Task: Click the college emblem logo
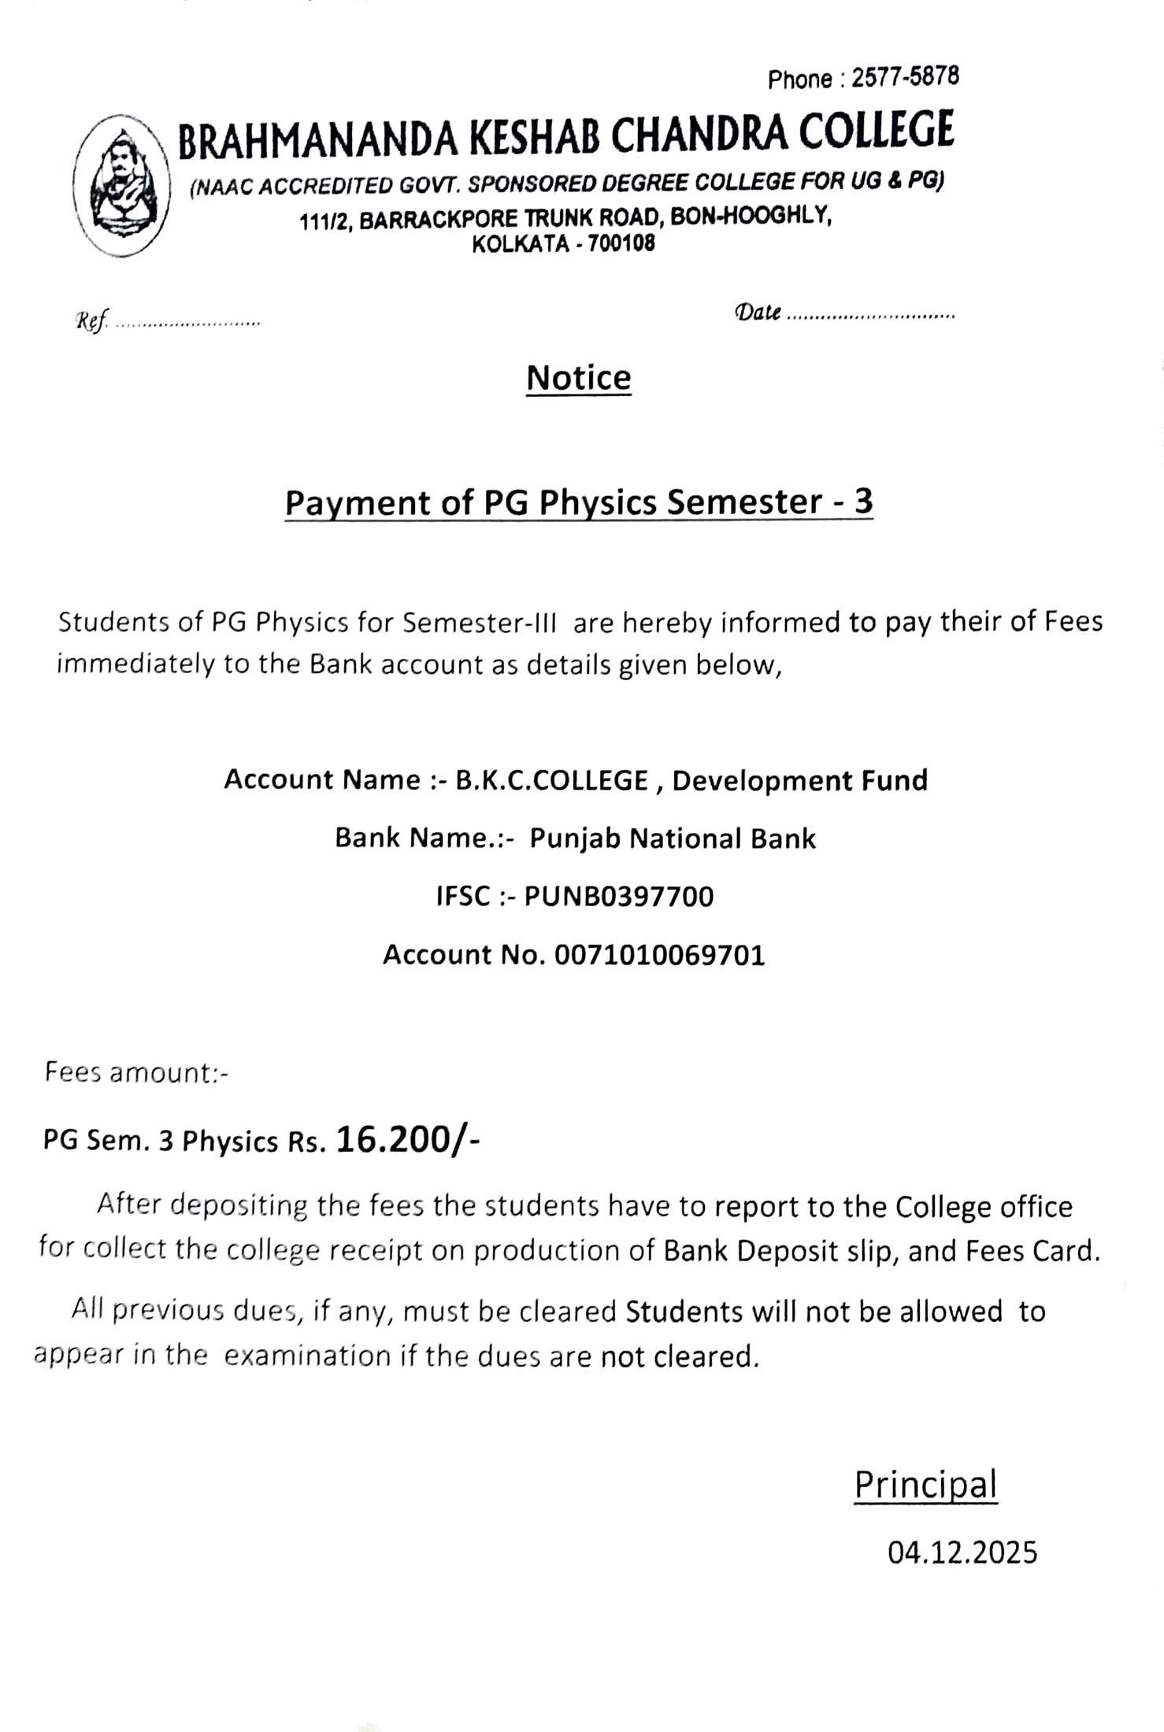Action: coord(122,186)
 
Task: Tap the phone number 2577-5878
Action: coord(906,76)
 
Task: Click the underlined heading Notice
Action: coord(579,378)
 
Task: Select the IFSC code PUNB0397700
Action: coord(619,897)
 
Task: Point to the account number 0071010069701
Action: coord(660,955)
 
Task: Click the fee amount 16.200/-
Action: coord(407,1139)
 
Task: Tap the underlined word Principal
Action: coord(925,1485)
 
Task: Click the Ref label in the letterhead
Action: coord(91,321)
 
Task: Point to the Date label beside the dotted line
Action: coord(758,313)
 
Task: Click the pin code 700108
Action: coord(621,243)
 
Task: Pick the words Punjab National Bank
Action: coord(673,838)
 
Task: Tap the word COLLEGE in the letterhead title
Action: coord(877,131)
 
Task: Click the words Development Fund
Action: coord(799,780)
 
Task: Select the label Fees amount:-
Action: coord(136,1073)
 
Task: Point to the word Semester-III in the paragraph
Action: coord(480,623)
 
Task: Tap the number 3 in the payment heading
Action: coord(863,501)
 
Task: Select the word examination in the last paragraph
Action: coord(308,1356)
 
